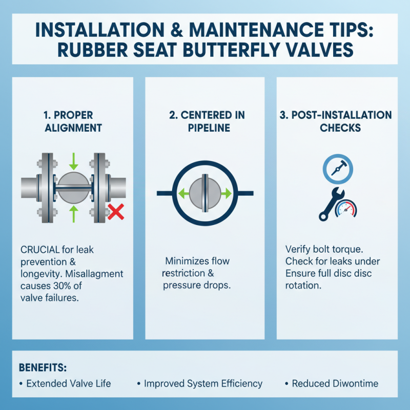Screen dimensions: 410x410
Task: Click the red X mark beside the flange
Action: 116,212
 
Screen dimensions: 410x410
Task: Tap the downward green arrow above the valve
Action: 74,161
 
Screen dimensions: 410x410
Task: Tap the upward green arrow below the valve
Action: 74,214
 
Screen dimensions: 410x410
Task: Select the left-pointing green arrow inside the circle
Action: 183,194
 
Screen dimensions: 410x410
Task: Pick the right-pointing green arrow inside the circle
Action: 226,194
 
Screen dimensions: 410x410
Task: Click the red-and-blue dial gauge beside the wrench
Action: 346,209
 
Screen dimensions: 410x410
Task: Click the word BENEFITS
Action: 43,367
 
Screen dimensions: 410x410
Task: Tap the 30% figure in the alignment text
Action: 62,286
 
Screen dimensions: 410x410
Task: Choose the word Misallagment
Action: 94,274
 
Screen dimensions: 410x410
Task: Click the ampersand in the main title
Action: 176,30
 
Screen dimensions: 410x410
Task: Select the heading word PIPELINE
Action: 209,128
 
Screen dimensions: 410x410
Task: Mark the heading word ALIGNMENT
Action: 73,128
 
